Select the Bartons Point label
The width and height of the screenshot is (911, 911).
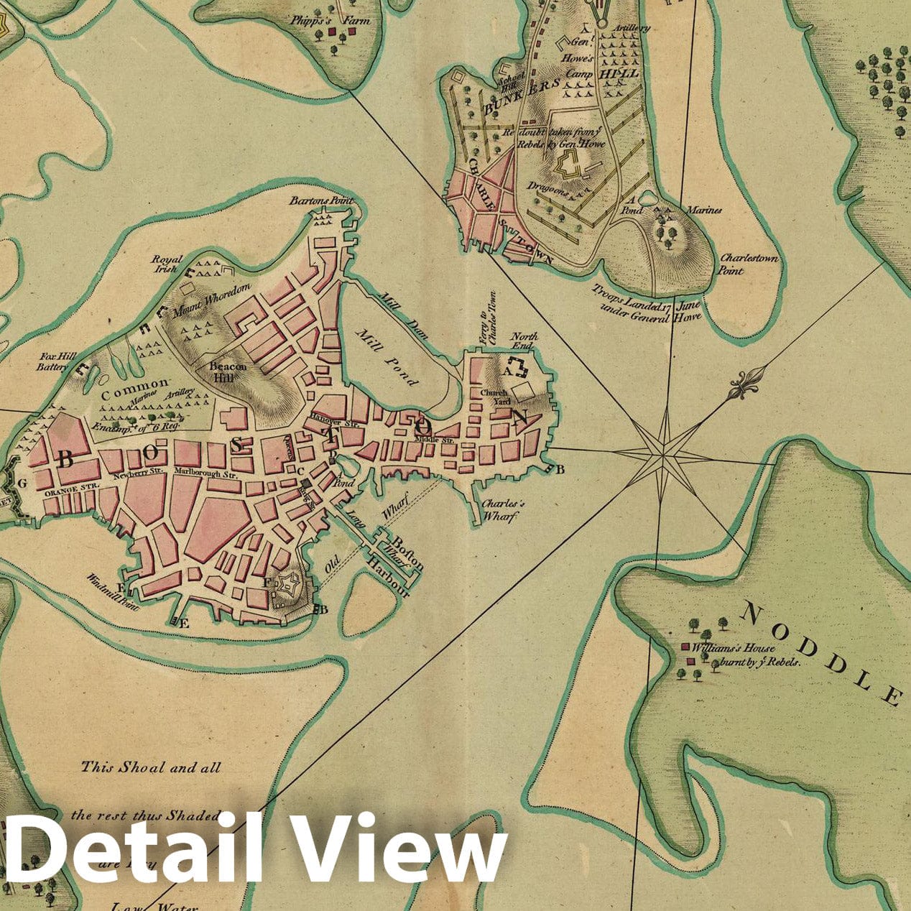click(321, 202)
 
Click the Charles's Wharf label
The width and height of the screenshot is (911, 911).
click(503, 509)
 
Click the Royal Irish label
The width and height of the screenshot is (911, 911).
click(167, 264)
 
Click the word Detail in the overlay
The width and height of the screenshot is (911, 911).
click(129, 850)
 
